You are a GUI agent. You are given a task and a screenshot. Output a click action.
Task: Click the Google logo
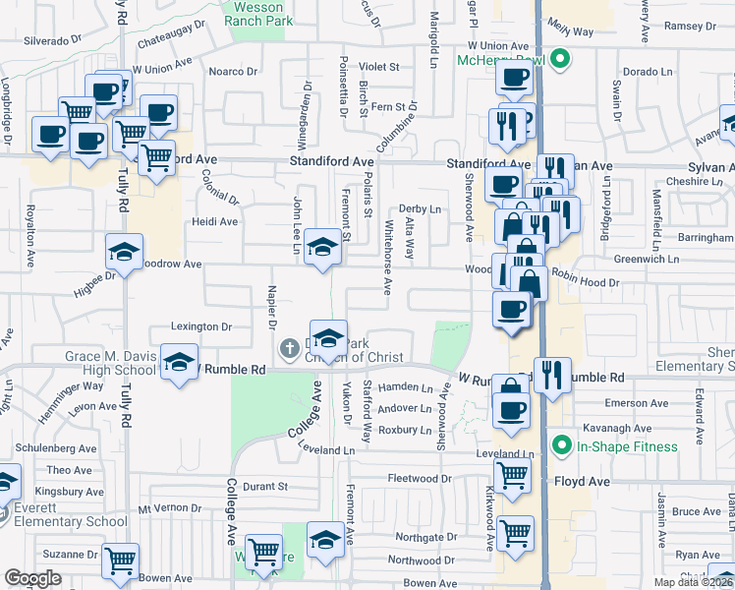[32, 578]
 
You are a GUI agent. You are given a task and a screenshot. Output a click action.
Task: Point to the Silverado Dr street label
[52, 40]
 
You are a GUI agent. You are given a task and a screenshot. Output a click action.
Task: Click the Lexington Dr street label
[201, 326]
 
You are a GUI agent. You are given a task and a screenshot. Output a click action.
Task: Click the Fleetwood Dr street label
[420, 479]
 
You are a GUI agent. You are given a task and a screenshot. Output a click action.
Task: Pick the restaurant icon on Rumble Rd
[553, 374]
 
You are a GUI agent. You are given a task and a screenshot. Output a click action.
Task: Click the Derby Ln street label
[420, 209]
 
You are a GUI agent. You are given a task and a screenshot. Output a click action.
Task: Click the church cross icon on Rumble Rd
[289, 347]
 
